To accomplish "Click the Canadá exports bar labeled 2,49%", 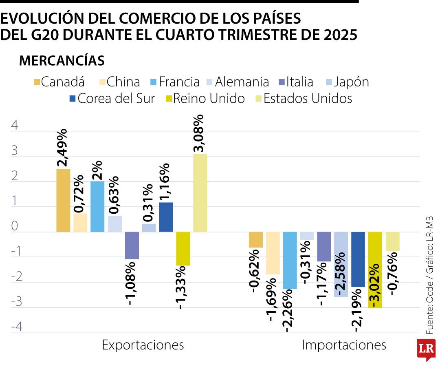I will tap(63, 201).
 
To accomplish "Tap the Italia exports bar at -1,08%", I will tap(132, 245).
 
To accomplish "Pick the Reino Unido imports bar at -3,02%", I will tap(375, 270).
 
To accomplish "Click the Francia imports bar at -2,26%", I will tap(290, 260).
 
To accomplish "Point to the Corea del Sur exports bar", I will tap(166, 217).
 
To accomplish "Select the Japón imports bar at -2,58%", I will tap(341, 264).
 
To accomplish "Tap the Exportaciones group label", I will tap(143, 345).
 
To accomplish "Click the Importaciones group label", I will tap(343, 345).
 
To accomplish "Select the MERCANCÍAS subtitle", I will tap(62, 61).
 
